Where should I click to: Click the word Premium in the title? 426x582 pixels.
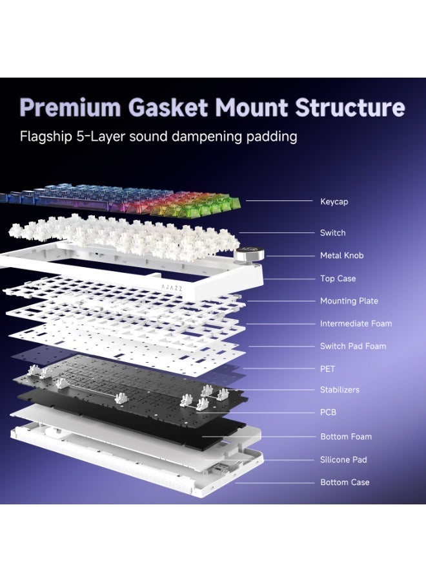(70, 107)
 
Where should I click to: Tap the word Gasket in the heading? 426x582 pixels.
(168, 107)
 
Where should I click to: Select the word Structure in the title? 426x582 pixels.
(350, 107)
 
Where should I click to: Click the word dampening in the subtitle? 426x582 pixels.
(207, 137)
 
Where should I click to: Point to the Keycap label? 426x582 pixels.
(334, 202)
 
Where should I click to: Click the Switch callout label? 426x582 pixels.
(332, 233)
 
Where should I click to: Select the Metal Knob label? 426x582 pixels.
(342, 255)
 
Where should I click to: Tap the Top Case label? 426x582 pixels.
(338, 278)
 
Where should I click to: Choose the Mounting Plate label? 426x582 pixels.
(349, 301)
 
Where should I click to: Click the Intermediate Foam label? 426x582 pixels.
(356, 324)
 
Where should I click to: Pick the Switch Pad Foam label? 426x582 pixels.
(353, 347)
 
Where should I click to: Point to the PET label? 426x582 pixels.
(327, 369)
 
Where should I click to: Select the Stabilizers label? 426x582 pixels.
(340, 390)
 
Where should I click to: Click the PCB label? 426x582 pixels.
(328, 413)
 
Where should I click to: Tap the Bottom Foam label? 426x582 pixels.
(346, 437)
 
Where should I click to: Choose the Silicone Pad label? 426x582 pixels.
(343, 460)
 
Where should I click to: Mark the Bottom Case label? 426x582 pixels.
(345, 482)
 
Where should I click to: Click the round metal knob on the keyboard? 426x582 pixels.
(249, 255)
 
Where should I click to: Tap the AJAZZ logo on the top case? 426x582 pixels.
(172, 287)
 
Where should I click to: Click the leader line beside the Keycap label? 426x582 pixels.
(279, 201)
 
